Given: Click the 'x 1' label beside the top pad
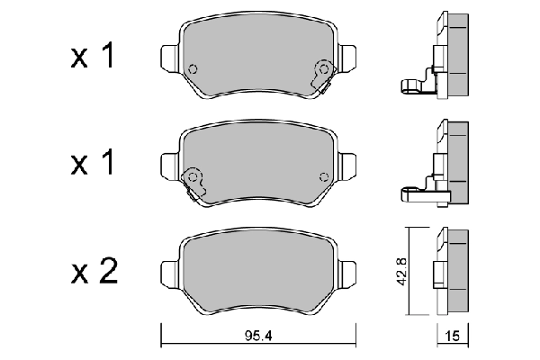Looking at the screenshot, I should [94, 58].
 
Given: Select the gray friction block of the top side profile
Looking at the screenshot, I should [457, 54].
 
